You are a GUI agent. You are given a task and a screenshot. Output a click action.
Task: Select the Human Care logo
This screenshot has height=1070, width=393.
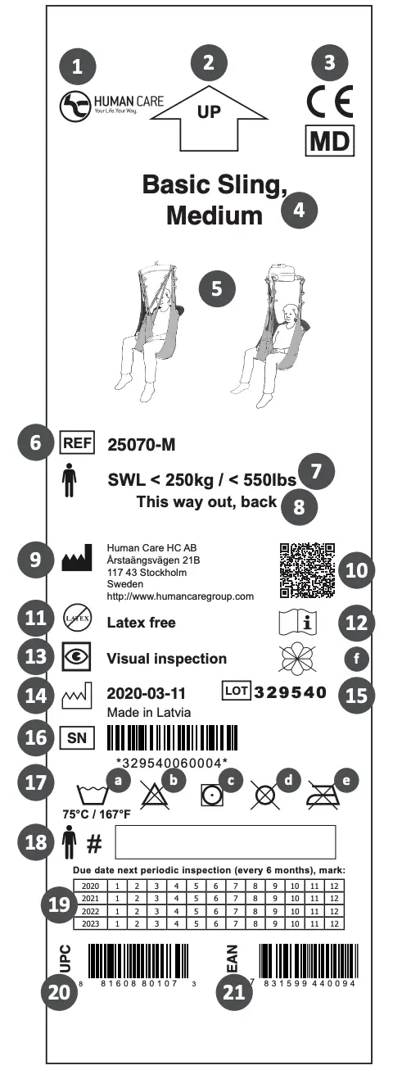111,105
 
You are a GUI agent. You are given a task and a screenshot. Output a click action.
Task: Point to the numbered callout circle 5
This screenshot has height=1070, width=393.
217,288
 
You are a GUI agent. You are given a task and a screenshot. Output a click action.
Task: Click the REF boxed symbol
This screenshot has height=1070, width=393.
78,444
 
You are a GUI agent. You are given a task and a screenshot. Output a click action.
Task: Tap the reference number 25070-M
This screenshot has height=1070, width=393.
142,445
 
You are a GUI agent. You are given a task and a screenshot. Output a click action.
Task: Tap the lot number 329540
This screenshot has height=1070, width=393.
291,691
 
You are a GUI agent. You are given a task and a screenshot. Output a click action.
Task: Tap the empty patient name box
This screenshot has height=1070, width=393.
226,841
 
